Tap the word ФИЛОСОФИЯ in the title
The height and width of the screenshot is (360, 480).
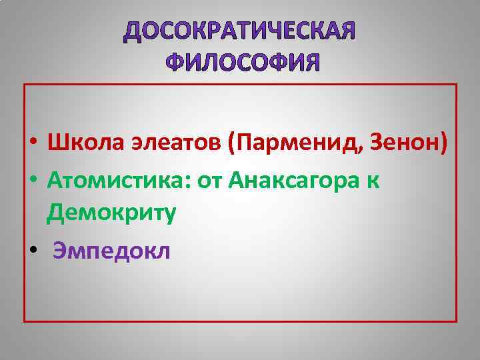coord(242,63)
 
